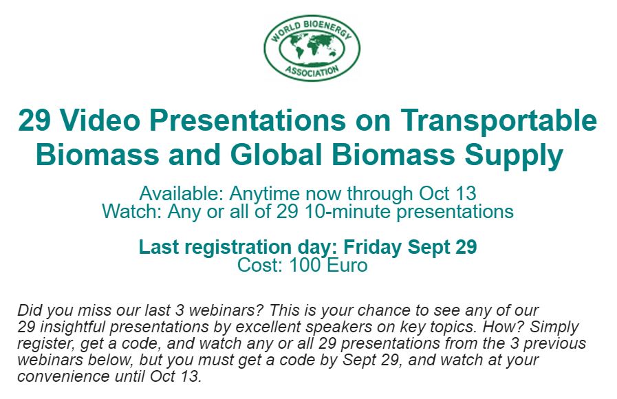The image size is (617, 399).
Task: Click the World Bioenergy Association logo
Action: click(312, 48)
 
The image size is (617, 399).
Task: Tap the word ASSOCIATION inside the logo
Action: click(312, 72)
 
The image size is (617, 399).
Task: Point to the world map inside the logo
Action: click(312, 48)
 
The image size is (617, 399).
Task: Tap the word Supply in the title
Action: click(514, 155)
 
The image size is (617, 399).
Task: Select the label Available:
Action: click(182, 193)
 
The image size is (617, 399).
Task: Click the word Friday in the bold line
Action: click(373, 247)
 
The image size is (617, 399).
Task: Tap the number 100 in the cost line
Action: click(305, 265)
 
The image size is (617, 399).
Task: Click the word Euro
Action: click(347, 265)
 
